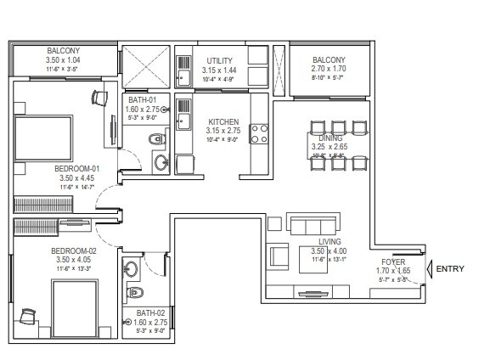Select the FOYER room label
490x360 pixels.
pos(392,262)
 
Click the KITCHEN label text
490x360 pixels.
pos(223,122)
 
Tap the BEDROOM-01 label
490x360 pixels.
pos(76,168)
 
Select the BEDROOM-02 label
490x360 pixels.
pos(75,250)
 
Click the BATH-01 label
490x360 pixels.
pos(144,99)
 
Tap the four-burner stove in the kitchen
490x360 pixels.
pos(260,133)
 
